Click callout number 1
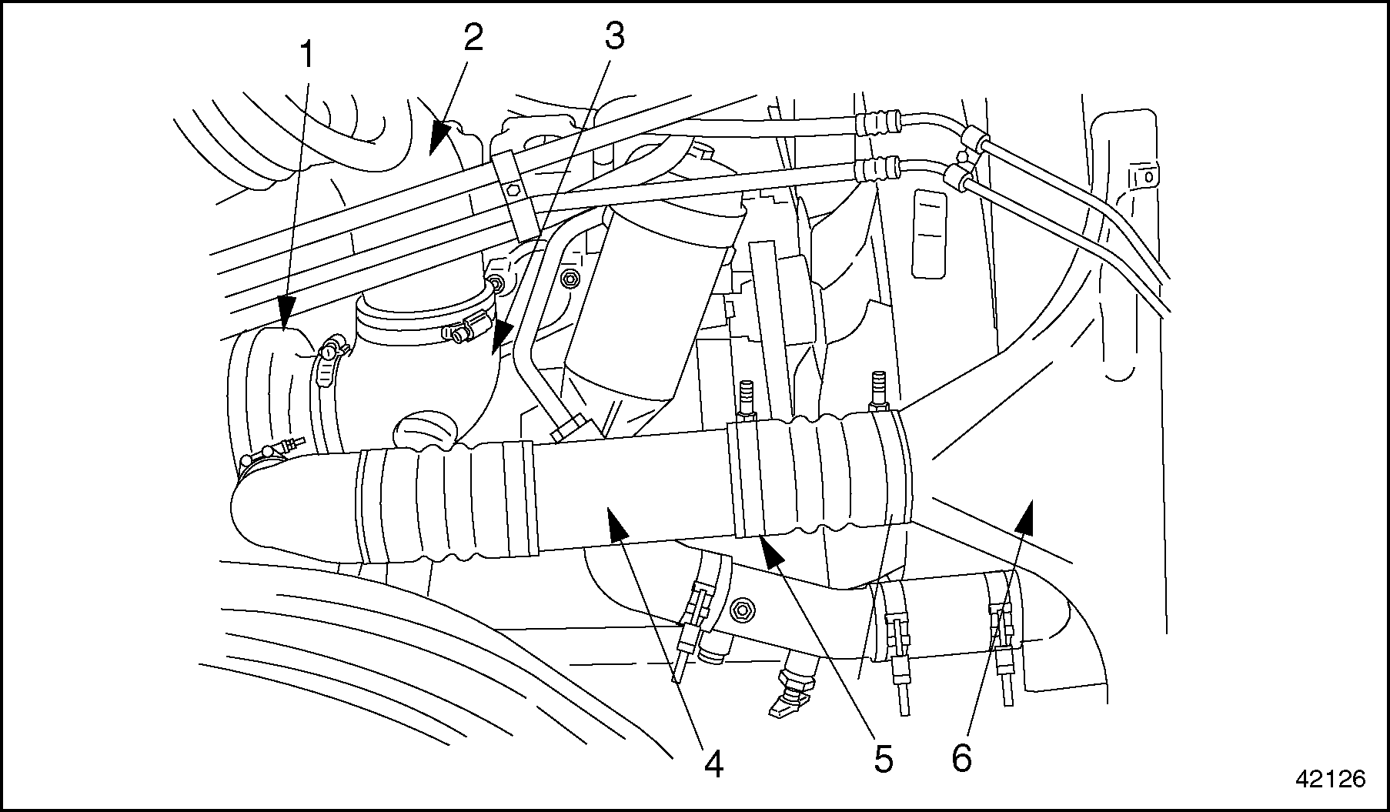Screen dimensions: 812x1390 pos(307,55)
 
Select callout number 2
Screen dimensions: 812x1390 pos(472,37)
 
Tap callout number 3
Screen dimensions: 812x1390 pos(613,35)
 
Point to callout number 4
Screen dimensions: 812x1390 pos(713,764)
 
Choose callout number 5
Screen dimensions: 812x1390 pos(882,759)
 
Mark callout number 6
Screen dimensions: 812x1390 pos(961,759)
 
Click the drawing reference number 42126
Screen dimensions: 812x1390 pos(1330,779)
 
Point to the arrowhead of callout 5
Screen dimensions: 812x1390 pos(771,551)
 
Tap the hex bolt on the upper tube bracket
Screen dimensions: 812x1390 pos(512,189)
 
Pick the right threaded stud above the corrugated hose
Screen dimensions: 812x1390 pos(879,389)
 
